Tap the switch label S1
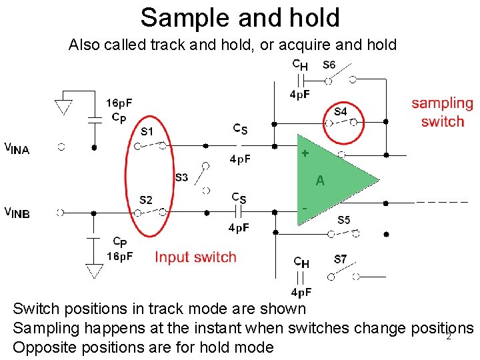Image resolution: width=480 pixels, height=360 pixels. coord(147,131)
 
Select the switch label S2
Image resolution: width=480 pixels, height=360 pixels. coord(146,199)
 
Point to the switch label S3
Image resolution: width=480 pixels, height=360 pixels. coord(181,177)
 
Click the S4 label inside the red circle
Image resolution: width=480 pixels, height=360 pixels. coord(340,111)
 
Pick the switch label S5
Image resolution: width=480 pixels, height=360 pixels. coord(343,220)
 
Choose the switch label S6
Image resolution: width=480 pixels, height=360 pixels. coord(329,65)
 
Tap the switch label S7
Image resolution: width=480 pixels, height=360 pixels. coord(340,259)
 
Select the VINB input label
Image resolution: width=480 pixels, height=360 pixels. coord(17,213)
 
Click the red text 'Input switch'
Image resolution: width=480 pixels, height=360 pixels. coord(195,257)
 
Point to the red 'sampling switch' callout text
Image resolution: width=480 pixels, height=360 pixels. coord(442,112)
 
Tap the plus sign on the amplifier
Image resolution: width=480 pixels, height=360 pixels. coord(305,153)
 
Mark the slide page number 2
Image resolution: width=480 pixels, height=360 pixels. coord(449,336)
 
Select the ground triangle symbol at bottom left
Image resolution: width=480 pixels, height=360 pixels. coord(94,270)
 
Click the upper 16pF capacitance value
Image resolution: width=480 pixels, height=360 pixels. coord(119,103)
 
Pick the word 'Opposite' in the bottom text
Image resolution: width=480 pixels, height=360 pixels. coord(42,347)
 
